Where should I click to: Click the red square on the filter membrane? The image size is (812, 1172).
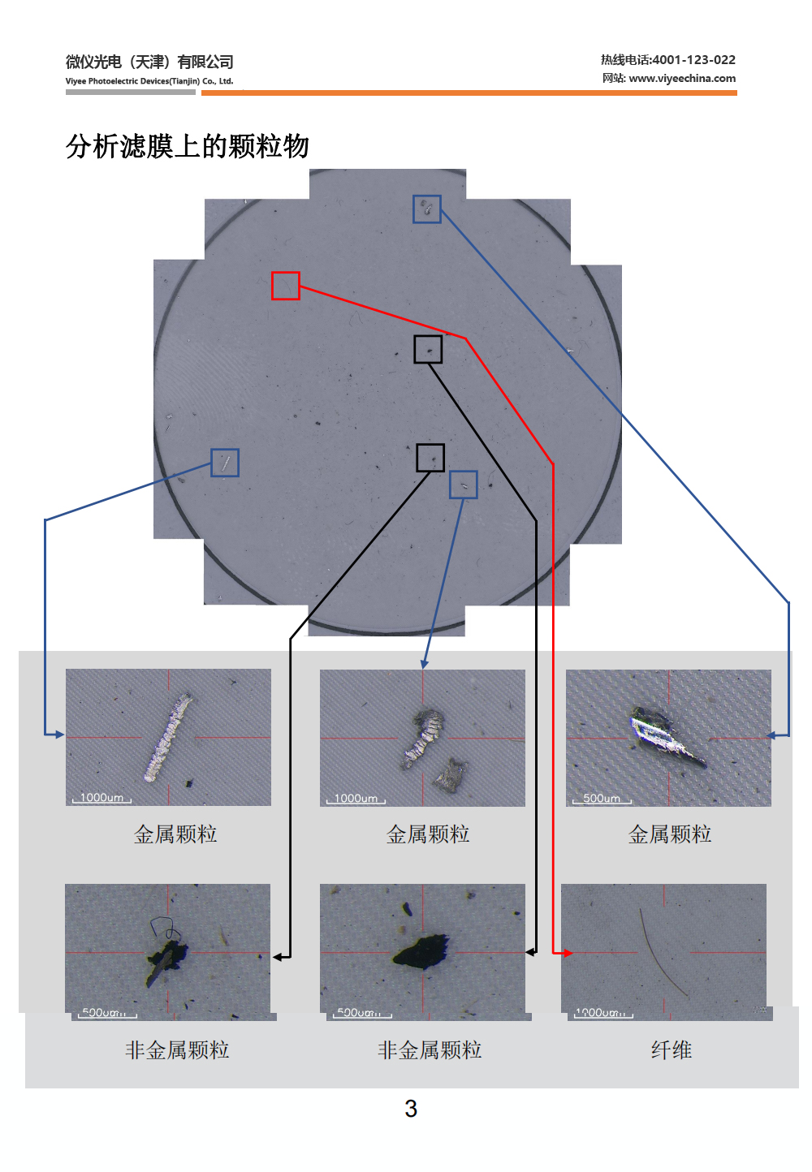pos(286,286)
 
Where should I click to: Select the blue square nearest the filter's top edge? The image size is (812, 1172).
pos(427,209)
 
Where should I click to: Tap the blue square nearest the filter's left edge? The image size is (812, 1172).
pos(225,463)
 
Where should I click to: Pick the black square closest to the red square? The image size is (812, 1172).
pos(428,350)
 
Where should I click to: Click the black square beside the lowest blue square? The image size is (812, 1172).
pos(430,458)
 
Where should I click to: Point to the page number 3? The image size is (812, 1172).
pos(411,1109)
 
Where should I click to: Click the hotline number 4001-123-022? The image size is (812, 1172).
pos(693,60)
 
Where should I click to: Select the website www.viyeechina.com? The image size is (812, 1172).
pos(682,79)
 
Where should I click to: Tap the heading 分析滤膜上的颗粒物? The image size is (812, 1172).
pos(188,147)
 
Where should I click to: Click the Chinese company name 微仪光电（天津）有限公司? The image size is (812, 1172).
pos(149,62)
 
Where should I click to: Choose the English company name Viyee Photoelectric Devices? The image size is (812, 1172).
pos(149,81)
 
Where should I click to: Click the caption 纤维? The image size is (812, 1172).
pos(671,1050)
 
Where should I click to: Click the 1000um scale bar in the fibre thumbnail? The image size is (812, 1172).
pos(603,1014)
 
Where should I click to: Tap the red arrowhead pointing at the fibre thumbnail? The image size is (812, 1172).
pos(568,953)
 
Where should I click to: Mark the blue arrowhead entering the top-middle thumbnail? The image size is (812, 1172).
pos(424,665)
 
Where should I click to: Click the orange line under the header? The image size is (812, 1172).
pos(469,93)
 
